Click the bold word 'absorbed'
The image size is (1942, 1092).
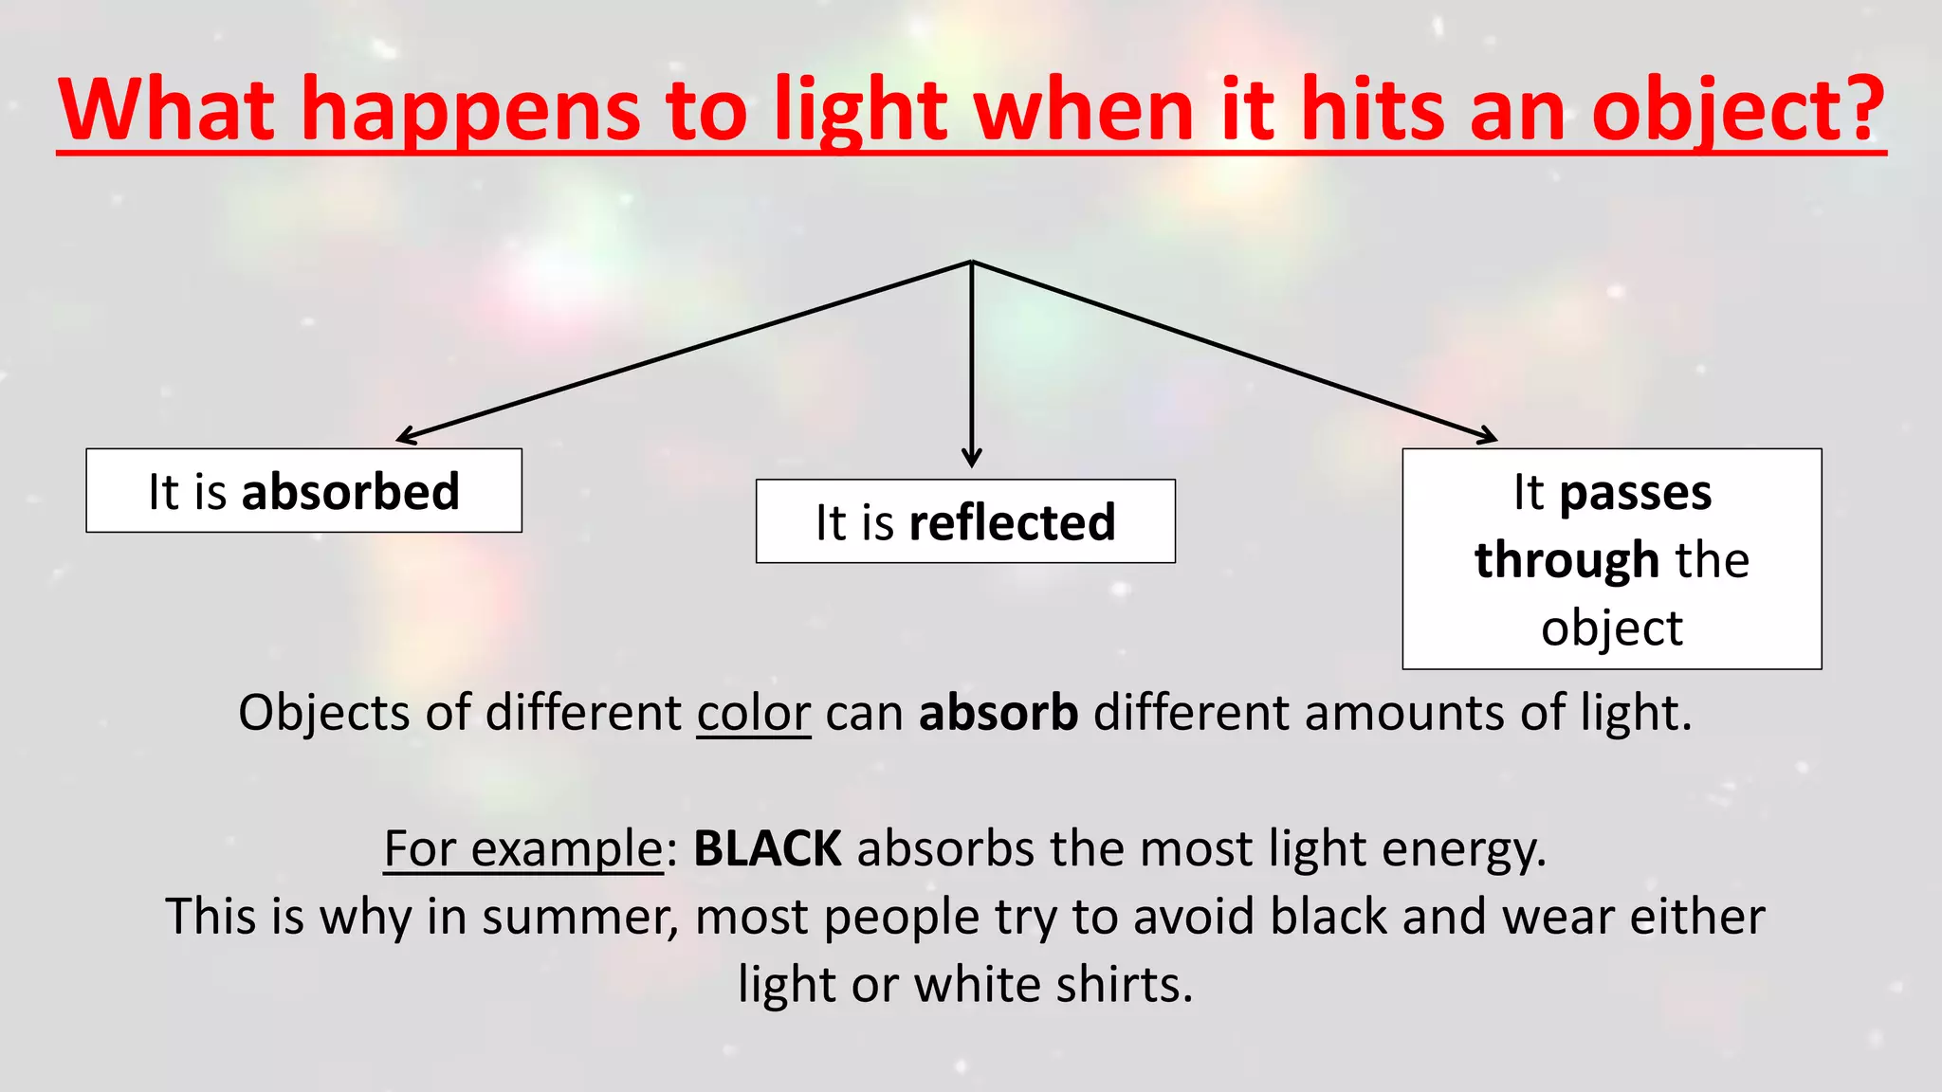point(351,492)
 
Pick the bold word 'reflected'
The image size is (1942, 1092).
point(1012,522)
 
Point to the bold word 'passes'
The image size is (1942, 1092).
point(1636,493)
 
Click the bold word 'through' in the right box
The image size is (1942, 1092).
point(1566,559)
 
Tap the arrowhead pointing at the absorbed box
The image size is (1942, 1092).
point(405,437)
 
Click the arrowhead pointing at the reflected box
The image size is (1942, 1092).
point(971,459)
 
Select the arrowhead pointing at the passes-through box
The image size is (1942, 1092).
point(1488,437)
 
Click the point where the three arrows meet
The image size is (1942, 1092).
point(971,262)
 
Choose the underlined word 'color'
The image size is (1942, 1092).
point(754,713)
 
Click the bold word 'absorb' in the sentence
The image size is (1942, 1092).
point(998,713)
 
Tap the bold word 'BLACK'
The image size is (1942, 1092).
point(767,848)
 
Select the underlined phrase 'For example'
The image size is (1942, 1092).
point(523,848)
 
